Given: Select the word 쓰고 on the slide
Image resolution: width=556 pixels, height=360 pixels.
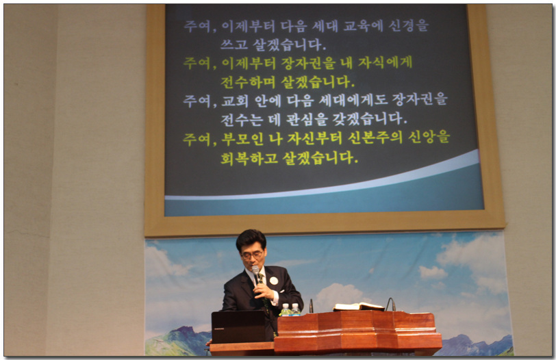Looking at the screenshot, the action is pyautogui.click(x=234, y=44).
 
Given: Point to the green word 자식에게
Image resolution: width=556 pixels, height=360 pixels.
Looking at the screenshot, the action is pyautogui.click(x=385, y=63).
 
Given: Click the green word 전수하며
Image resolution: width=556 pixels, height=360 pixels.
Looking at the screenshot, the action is pyautogui.click(x=248, y=82).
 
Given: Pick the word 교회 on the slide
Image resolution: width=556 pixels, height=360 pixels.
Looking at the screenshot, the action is pyautogui.click(x=235, y=101).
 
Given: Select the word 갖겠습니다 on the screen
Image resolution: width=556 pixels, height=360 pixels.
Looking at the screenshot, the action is pyautogui.click(x=369, y=119).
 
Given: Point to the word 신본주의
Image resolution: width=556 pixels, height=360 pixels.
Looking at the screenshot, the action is pyautogui.click(x=375, y=138).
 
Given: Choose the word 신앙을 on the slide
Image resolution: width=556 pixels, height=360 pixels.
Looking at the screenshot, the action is pyautogui.click(x=429, y=138).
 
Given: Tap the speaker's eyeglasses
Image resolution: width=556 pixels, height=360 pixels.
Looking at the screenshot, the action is pyautogui.click(x=252, y=255).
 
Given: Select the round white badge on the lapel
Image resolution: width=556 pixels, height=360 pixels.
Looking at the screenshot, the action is pyautogui.click(x=273, y=281).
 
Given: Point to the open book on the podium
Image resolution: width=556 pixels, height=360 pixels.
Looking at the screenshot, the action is pyautogui.click(x=359, y=307).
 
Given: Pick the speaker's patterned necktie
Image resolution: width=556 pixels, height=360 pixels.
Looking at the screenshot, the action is pyautogui.click(x=264, y=294).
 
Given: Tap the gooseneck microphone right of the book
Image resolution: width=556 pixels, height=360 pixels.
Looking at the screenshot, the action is pyautogui.click(x=390, y=304).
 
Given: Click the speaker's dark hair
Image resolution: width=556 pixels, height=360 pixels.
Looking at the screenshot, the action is pyautogui.click(x=251, y=237).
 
